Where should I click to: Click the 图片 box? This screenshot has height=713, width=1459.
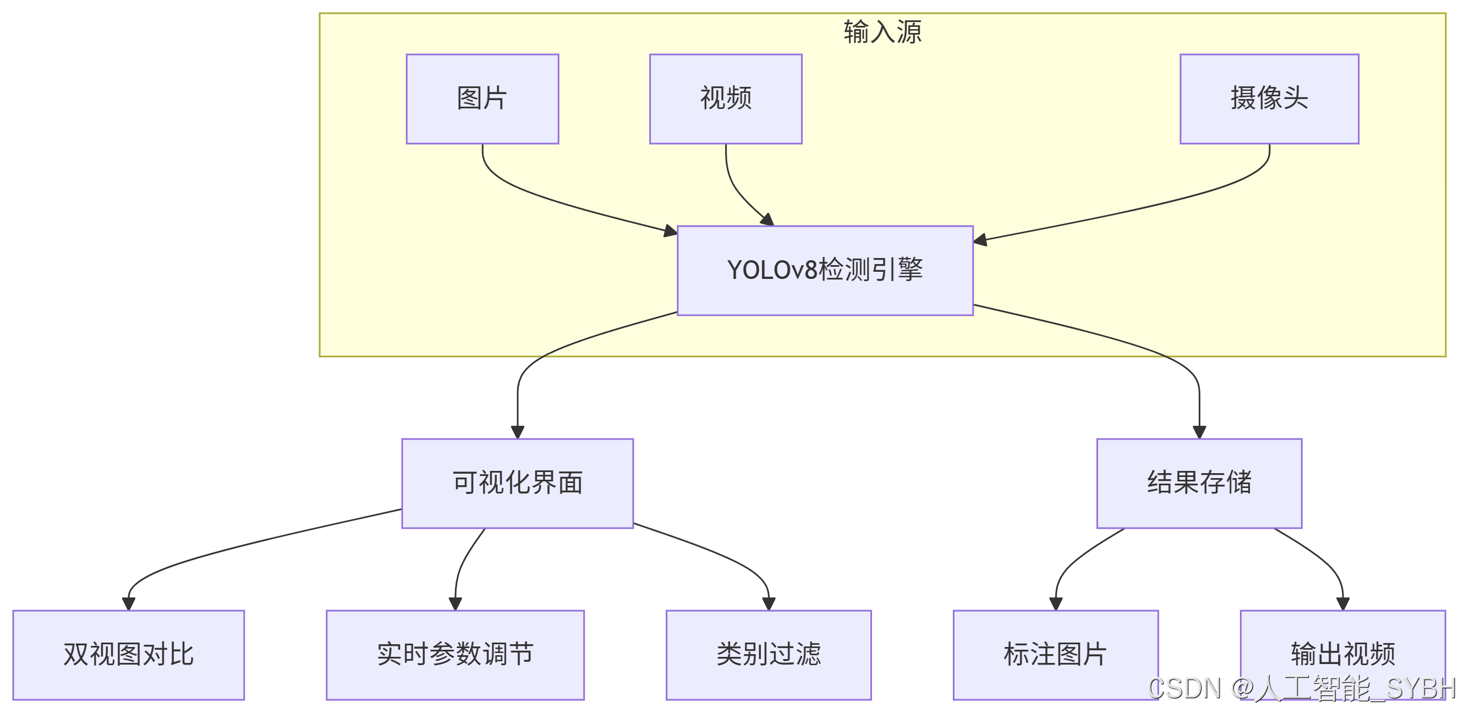[x=482, y=99]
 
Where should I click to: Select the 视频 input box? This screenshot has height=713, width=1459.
[x=726, y=99]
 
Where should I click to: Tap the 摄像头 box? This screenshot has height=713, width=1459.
[x=1269, y=99]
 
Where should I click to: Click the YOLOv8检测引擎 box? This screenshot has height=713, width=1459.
[x=825, y=270]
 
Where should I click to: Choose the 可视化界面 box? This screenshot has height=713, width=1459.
[x=517, y=483]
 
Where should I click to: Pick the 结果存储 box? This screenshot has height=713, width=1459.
[x=1198, y=483]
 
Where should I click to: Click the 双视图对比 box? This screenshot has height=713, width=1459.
[x=129, y=655]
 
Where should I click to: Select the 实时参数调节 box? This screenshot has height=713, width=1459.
[x=455, y=655]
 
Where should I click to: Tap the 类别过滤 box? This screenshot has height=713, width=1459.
[x=768, y=655]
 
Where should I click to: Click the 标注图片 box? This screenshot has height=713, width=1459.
[x=1055, y=655]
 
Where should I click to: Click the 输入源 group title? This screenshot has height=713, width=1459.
[x=882, y=32]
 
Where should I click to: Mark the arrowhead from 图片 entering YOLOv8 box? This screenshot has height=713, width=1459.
[x=670, y=231]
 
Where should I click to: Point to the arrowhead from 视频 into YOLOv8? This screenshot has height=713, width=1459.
[x=767, y=220]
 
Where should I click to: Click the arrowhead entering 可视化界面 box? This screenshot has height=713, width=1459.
[x=517, y=432]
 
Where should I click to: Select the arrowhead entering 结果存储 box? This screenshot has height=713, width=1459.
[x=1199, y=432]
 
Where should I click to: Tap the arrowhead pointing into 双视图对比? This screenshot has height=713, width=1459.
[x=129, y=604]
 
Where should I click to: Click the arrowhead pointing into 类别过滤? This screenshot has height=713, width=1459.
[x=769, y=604]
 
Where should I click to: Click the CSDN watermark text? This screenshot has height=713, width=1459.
[x=1300, y=689]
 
